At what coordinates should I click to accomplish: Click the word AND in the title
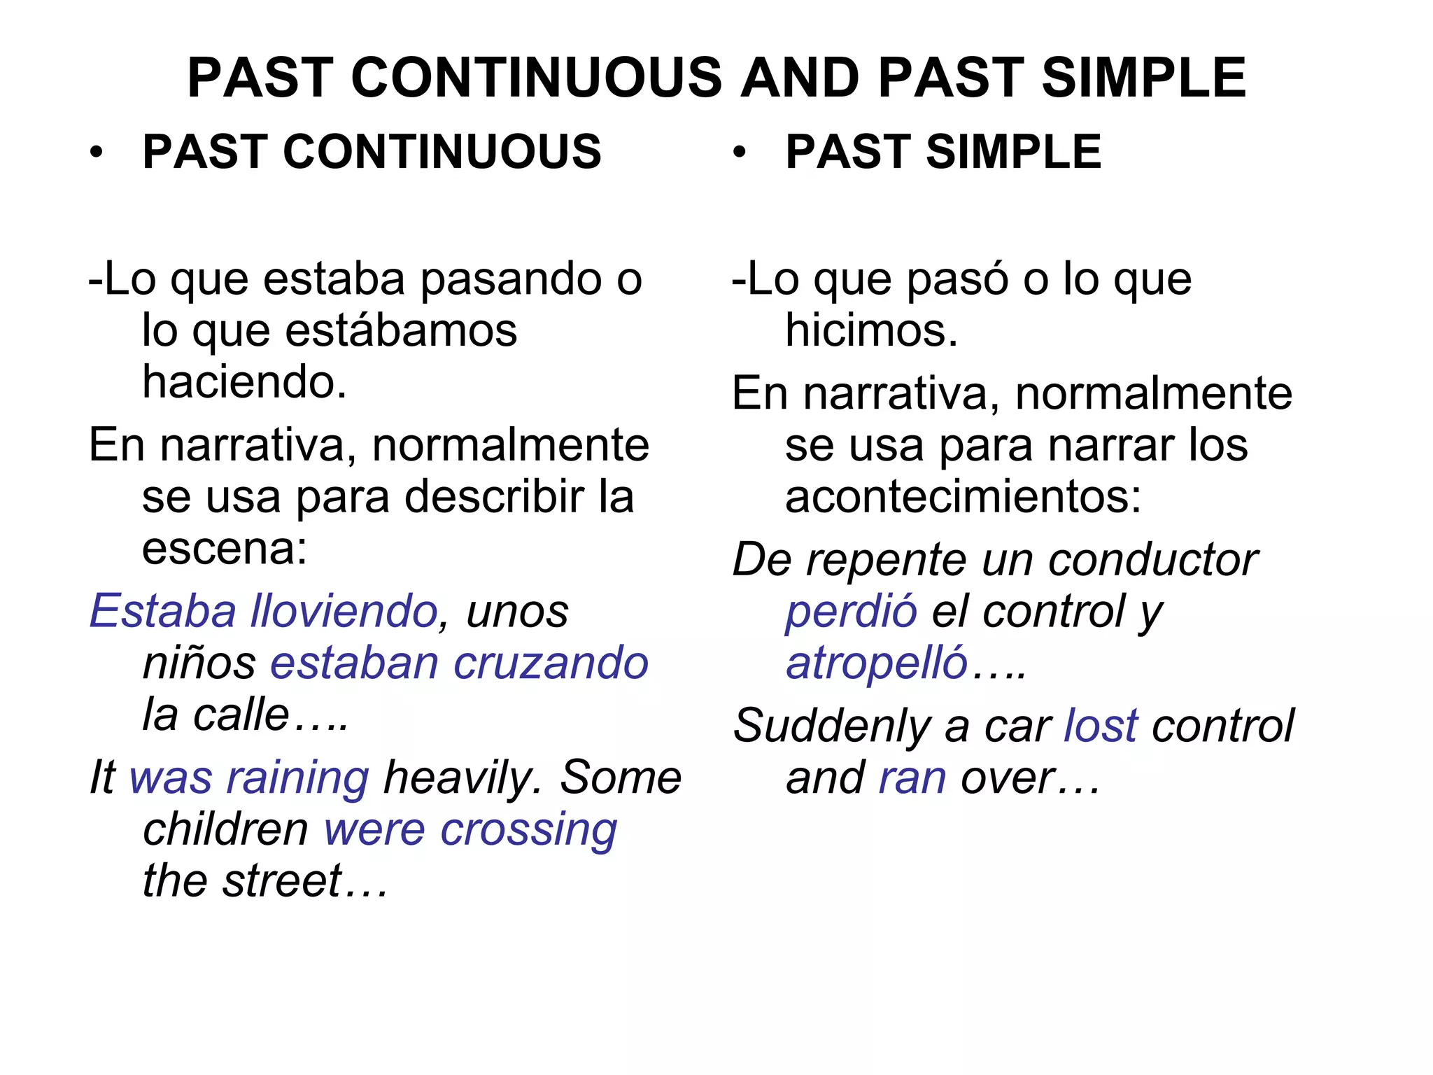[x=799, y=78]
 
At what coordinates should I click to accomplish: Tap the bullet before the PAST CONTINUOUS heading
[x=97, y=152]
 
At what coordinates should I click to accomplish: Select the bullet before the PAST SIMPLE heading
[x=740, y=152]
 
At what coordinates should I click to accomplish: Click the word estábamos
[x=401, y=330]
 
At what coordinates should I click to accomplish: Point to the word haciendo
[x=244, y=382]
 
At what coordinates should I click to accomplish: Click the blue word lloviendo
[x=344, y=611]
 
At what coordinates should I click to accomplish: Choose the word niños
[x=199, y=663]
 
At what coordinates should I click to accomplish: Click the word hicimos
[x=870, y=330]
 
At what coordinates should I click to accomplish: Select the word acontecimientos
[x=963, y=497]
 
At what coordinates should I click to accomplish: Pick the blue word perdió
[x=851, y=611]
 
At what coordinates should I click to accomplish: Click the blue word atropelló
[x=877, y=663]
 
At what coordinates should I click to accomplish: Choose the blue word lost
[x=1101, y=726]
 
